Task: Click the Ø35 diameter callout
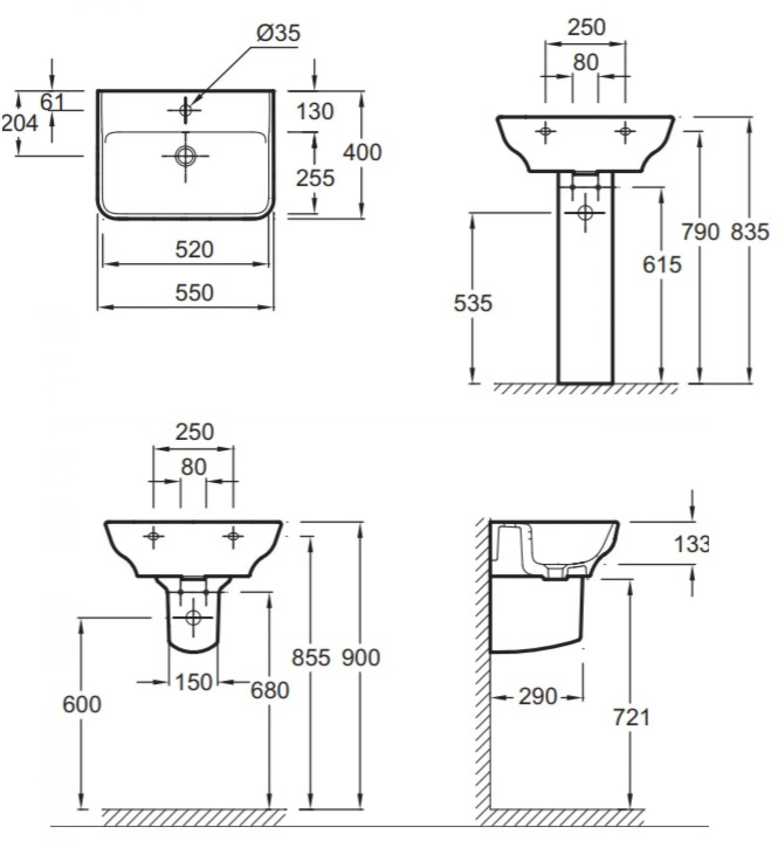pos(278,33)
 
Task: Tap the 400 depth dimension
pos(362,152)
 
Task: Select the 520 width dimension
pos(194,250)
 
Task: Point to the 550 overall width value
pos(194,293)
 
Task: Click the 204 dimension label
pos(20,123)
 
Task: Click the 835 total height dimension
pos(750,232)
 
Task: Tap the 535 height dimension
pos(473,303)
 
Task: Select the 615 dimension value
pos(662,265)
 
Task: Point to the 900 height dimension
pos(361,657)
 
